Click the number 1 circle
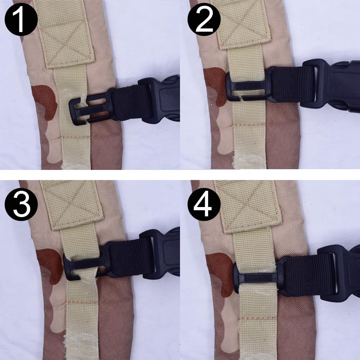(x=21, y=19)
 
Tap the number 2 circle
(x=204, y=19)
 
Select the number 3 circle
(x=21, y=204)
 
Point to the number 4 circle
(x=204, y=204)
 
